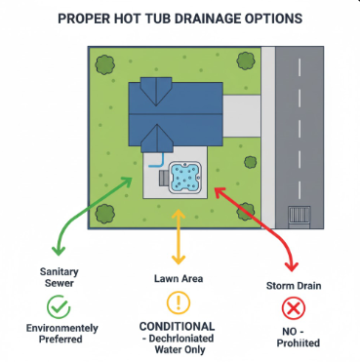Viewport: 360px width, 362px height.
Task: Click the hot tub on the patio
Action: [x=186, y=177]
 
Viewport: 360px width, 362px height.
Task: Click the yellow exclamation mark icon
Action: [x=178, y=301]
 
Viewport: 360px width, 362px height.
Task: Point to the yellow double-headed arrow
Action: [x=178, y=235]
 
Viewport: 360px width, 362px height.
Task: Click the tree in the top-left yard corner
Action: [x=103, y=65]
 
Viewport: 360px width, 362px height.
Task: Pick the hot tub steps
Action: [x=163, y=179]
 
